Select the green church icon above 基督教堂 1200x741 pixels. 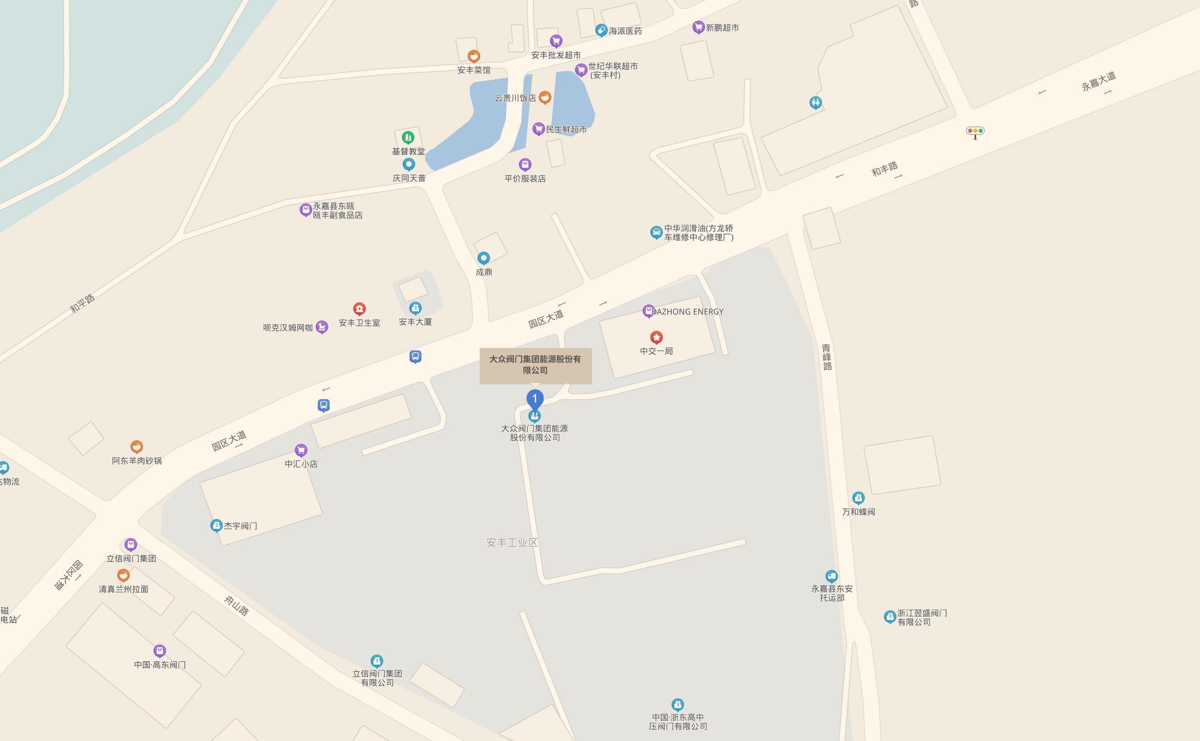coord(408,137)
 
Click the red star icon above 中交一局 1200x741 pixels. coord(656,337)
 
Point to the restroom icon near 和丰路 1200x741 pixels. coord(815,102)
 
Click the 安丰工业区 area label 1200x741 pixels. coord(512,543)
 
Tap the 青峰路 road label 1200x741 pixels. coord(827,357)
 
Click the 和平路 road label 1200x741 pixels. coord(82,303)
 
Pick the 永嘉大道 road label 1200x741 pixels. coord(1098,81)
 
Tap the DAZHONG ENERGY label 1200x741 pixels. coord(687,312)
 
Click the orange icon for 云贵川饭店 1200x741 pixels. coord(544,97)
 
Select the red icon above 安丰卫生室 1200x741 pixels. coord(359,309)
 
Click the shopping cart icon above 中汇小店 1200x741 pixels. coord(301,450)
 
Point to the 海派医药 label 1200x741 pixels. coord(625,31)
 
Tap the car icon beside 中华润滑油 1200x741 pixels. coord(656,232)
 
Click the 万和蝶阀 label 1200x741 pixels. coord(858,512)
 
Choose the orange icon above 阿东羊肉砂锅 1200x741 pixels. coord(136,447)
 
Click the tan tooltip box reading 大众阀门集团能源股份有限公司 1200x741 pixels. coord(535,365)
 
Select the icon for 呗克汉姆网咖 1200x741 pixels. coord(322,327)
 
